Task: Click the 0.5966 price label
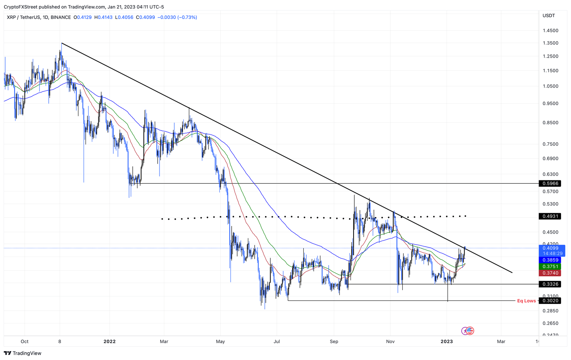coord(550,183)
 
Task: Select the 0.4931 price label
coord(550,216)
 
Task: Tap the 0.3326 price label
coord(550,284)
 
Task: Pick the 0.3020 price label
coord(550,300)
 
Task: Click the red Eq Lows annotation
coord(526,300)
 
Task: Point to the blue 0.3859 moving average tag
coord(550,260)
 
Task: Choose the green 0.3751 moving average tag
coord(550,266)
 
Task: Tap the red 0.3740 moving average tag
coord(550,273)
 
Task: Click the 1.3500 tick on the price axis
coord(550,43)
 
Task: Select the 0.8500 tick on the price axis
coord(550,122)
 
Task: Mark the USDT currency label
coord(549,16)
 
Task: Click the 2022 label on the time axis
coord(109,341)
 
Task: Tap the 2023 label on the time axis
coord(446,341)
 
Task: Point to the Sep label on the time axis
coord(334,341)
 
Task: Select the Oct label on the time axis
coord(25,341)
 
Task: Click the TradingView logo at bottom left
coord(23,353)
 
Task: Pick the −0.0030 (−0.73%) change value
coord(177,17)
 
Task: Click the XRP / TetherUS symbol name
coord(23,17)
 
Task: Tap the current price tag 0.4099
coord(550,248)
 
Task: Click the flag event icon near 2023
coord(470,330)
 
